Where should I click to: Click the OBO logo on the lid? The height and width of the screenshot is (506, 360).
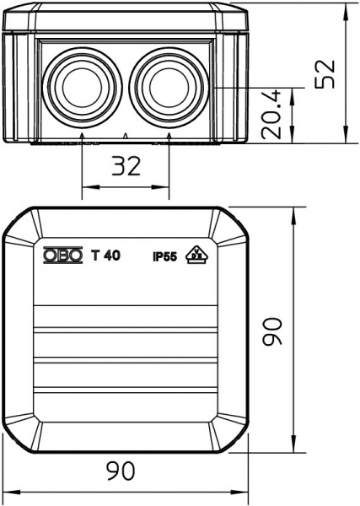[x=63, y=256]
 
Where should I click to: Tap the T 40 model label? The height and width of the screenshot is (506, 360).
[x=105, y=256]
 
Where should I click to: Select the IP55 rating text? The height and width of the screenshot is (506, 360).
[x=165, y=257]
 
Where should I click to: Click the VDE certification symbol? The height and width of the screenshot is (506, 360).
[x=196, y=255]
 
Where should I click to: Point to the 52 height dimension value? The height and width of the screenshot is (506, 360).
[x=325, y=74]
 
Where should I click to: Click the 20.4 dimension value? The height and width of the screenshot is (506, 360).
[x=271, y=115]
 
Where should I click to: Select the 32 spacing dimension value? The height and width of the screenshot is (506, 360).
[x=126, y=166]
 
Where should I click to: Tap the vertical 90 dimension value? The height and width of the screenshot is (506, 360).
[x=272, y=331]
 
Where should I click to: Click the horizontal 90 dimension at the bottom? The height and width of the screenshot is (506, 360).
[x=121, y=471]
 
